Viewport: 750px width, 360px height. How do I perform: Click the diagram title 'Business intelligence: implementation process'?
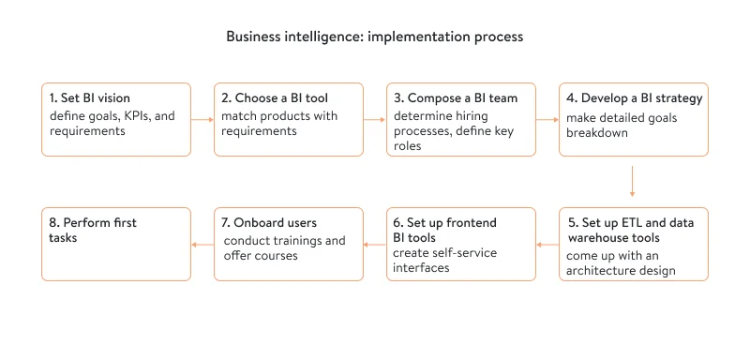click(x=374, y=37)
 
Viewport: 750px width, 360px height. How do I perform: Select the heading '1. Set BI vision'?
click(x=91, y=98)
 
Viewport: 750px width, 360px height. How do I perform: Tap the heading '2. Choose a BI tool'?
click(x=275, y=98)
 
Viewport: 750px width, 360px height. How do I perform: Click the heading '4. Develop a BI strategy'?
click(x=634, y=98)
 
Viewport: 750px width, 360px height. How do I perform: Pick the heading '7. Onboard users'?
click(x=269, y=222)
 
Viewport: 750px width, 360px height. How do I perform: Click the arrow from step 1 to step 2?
click(x=202, y=120)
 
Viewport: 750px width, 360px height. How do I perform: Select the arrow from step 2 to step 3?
click(x=375, y=120)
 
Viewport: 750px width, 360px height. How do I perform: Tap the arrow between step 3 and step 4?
click(x=547, y=120)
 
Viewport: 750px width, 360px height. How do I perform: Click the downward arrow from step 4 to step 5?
click(x=633, y=182)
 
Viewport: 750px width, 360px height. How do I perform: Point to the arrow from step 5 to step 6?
click(x=547, y=245)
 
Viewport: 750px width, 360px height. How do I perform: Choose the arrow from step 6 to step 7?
click(x=375, y=245)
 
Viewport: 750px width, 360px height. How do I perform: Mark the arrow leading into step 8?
click(x=202, y=245)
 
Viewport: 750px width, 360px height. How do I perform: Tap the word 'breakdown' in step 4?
click(x=597, y=132)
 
